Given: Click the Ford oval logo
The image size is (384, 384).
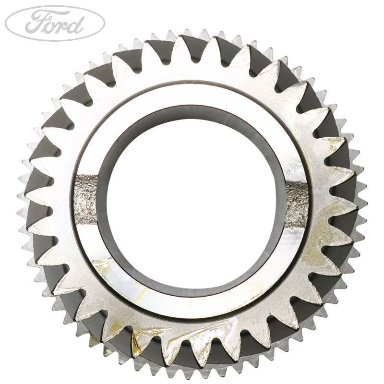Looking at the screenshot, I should tap(55, 23).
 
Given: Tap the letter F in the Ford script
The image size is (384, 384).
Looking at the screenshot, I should tap(35, 22).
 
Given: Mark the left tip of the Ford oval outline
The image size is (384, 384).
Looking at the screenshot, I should tap(5, 23).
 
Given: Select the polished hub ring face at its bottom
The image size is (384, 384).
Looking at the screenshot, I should tap(192, 307).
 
